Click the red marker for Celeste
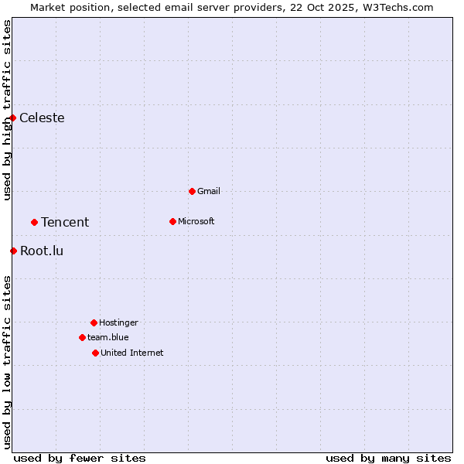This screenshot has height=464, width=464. pos(13,118)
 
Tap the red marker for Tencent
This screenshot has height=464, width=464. pos(34,222)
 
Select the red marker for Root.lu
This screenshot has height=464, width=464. pos(13,251)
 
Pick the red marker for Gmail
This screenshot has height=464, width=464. pos(192,191)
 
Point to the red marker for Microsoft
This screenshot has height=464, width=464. pos(172,221)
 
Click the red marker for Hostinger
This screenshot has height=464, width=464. pos(94,322)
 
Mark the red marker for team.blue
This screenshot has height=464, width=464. pos(82,337)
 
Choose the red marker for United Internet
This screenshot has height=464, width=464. pos(95,353)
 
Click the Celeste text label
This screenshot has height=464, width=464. pos(42,118)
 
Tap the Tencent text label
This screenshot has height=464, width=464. pos(65,222)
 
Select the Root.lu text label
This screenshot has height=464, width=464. pos(42,251)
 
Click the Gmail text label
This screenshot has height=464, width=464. pos(209,191)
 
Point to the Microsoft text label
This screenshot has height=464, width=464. pos(196,221)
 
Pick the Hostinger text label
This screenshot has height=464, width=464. pos(118,322)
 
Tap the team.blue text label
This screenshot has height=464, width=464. pos(108,337)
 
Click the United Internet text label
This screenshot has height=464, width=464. pos(132,353)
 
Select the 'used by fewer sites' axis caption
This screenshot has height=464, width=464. pos(80,458)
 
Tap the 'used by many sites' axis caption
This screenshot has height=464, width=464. pos(388,458)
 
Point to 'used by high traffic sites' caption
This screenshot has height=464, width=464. pos(7,110)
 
